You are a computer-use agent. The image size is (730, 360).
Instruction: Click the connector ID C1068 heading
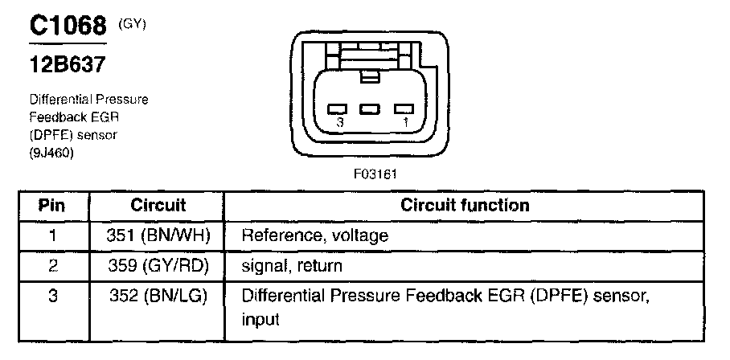[68, 27]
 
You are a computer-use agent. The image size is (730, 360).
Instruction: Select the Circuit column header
[158, 206]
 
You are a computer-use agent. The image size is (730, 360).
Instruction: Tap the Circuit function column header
[465, 206]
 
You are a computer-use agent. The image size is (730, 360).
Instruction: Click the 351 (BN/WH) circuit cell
[158, 235]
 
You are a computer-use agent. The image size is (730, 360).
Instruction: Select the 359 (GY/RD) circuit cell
[158, 265]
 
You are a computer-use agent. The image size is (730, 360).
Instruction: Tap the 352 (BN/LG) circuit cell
[158, 296]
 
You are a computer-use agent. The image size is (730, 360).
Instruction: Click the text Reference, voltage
[315, 236]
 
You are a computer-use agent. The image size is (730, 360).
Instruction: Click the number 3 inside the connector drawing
[341, 122]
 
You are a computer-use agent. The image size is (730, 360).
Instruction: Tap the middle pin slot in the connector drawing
[370, 108]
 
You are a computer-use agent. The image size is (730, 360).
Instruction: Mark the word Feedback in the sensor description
[56, 117]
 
